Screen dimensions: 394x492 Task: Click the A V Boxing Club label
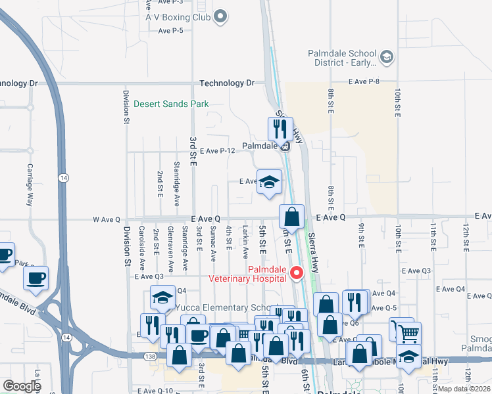pyautogui.click(x=178, y=17)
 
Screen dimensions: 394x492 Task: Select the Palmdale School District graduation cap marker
pyautogui.click(x=386, y=58)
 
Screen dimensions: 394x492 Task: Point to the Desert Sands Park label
pyautogui.click(x=171, y=104)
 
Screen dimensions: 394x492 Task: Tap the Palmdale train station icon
pyautogui.click(x=285, y=146)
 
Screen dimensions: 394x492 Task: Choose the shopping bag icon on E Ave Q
pyautogui.click(x=291, y=216)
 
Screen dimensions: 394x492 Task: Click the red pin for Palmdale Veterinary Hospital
pyautogui.click(x=297, y=272)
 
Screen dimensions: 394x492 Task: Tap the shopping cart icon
pyautogui.click(x=408, y=333)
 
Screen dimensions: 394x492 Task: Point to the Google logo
pyautogui.click(x=21, y=385)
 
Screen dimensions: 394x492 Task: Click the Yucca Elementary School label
pyautogui.click(x=220, y=307)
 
